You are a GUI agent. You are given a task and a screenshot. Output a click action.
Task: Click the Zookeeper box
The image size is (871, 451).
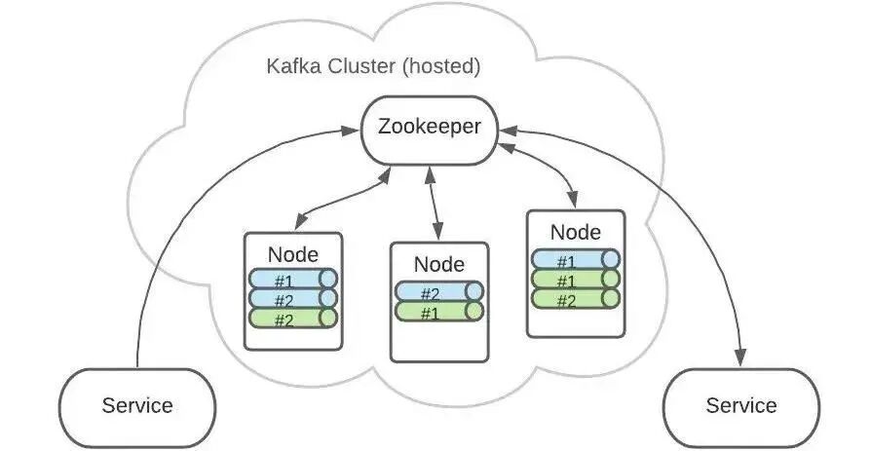coord(430,131)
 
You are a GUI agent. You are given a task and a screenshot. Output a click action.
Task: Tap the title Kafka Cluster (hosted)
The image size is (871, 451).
coord(373,66)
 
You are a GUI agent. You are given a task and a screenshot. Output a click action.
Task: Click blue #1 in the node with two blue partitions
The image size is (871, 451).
coord(292,279)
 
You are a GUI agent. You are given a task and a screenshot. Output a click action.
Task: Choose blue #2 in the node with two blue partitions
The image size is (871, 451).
coord(292,299)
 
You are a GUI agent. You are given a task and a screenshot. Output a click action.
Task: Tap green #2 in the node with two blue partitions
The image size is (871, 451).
coord(292,319)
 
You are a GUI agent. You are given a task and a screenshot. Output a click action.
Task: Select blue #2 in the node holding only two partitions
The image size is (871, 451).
coord(438,291)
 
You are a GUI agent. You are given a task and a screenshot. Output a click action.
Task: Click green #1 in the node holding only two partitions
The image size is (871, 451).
coord(438,311)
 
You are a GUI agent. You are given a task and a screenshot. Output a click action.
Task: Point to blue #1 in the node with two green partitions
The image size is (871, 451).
coord(575,259)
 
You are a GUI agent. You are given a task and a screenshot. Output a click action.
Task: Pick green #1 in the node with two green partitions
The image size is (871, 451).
coord(575,279)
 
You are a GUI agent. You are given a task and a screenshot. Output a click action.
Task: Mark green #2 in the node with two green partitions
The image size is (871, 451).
coord(575,299)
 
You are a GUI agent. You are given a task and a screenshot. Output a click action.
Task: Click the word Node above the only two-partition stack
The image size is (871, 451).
coord(438,264)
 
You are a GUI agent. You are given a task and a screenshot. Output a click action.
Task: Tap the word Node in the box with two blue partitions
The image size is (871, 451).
coord(292,254)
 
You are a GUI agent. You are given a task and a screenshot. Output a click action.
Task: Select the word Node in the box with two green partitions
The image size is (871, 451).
coord(576,232)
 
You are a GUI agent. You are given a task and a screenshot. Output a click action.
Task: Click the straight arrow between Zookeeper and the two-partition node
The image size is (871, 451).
coord(434,204)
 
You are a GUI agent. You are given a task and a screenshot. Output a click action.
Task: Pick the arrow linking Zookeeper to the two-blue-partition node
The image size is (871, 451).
coord(343,199)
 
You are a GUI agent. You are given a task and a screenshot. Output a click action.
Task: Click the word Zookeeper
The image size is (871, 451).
coord(430,128)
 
